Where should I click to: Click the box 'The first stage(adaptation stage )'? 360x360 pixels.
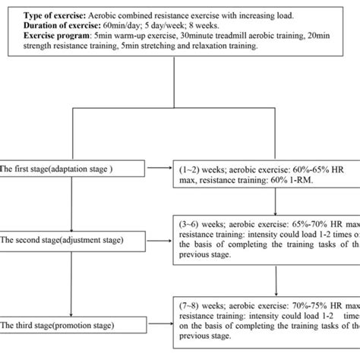point(72,169)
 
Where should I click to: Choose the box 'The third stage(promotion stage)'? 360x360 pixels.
point(72,305)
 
